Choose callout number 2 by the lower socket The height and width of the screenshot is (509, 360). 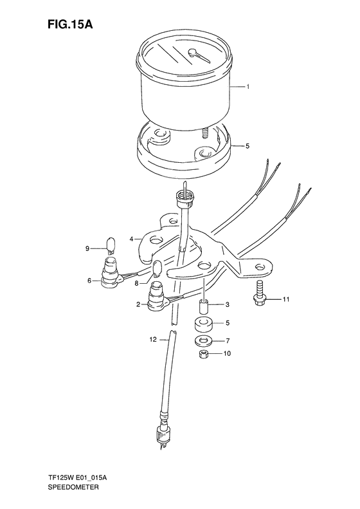pos(138,305)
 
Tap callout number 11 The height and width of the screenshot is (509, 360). pos(287,299)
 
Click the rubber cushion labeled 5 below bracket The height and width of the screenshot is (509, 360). pos(205,324)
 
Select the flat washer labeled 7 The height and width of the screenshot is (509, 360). pos(204,340)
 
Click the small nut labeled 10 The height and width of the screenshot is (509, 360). pos(203,354)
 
